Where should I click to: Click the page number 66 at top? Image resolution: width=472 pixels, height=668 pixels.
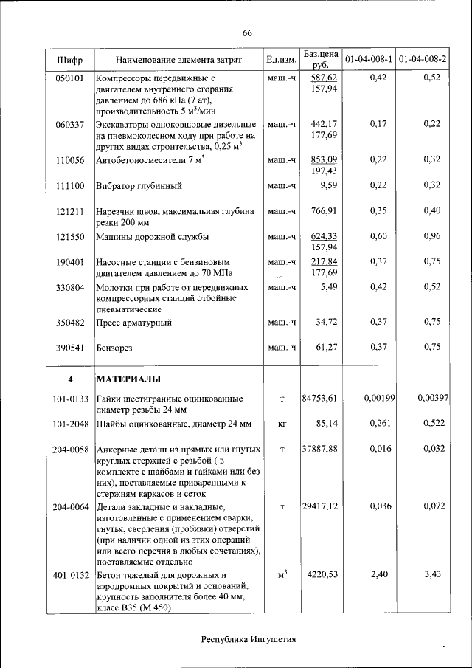(246, 32)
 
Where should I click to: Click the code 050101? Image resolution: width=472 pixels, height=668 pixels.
(69, 78)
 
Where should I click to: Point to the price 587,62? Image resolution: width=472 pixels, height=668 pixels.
(324, 78)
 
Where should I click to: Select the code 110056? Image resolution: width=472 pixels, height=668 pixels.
(69, 159)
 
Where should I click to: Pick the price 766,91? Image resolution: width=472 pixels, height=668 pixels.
(324, 211)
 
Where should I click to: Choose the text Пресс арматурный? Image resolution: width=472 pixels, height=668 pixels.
(133, 323)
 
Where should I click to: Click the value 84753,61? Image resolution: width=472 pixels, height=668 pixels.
(320, 399)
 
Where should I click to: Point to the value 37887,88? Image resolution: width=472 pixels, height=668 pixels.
(320, 449)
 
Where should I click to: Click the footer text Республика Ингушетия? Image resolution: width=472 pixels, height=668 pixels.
(249, 639)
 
